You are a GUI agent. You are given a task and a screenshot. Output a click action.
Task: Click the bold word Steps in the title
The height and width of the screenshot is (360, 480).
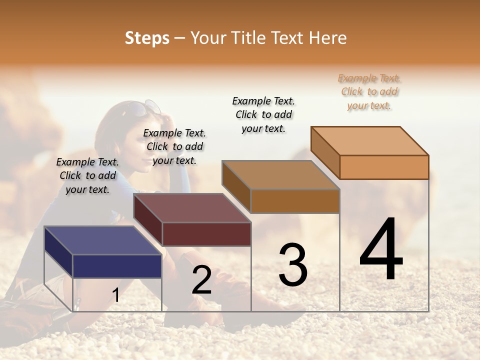[147, 38]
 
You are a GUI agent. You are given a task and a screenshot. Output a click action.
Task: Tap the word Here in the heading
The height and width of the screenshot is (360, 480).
[328, 38]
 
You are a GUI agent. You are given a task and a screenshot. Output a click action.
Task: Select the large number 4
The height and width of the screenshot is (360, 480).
[381, 250]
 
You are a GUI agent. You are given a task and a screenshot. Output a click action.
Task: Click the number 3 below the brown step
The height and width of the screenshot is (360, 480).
[293, 265]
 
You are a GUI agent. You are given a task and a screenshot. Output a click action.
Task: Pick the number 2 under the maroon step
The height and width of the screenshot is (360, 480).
[202, 280]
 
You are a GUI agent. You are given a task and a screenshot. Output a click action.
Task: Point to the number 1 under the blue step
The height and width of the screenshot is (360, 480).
[116, 295]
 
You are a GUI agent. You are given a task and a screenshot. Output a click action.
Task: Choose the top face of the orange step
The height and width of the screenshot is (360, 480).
[370, 140]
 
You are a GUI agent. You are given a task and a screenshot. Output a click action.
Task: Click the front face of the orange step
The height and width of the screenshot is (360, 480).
[384, 167]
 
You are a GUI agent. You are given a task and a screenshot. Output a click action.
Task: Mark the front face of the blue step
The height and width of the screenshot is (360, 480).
[117, 266]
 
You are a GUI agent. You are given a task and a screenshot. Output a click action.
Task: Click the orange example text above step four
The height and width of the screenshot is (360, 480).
[369, 92]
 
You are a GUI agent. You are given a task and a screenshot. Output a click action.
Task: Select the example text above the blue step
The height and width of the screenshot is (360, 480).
[87, 175]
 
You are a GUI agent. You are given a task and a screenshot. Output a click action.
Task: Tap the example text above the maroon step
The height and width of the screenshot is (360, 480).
[174, 146]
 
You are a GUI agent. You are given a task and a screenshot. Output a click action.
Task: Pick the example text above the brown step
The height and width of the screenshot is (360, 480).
[263, 114]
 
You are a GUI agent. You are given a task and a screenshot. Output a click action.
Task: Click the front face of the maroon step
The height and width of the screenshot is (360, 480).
[206, 234]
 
